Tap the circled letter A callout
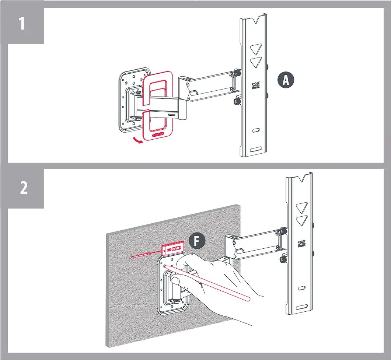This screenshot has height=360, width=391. click(286, 81)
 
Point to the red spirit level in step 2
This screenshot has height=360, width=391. click(172, 249)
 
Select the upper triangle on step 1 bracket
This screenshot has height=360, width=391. click(255, 49)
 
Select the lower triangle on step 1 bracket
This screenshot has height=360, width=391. click(255, 62)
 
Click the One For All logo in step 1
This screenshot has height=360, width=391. click(255, 85)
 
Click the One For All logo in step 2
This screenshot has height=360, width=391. click(302, 244)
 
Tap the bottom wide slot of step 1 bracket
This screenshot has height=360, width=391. click(256, 150)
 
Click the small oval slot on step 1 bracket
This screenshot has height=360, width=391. click(256, 130)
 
